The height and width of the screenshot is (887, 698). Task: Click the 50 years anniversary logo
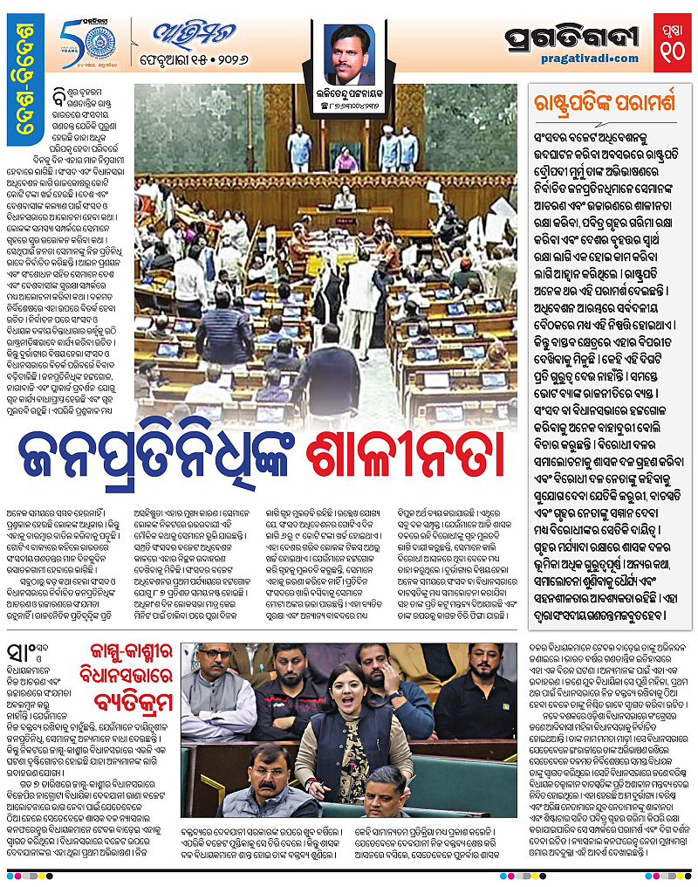(83, 42)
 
